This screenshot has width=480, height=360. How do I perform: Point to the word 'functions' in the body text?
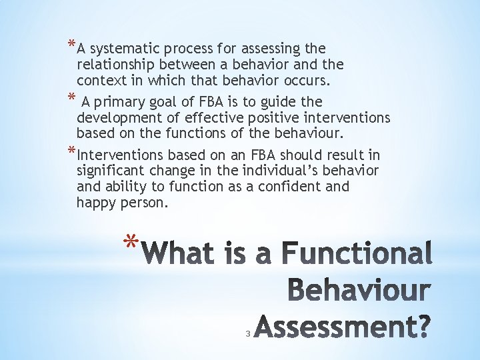coord(190,134)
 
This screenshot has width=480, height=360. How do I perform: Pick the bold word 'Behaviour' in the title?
coord(359,292)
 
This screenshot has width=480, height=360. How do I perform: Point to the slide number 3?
coord(247,333)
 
